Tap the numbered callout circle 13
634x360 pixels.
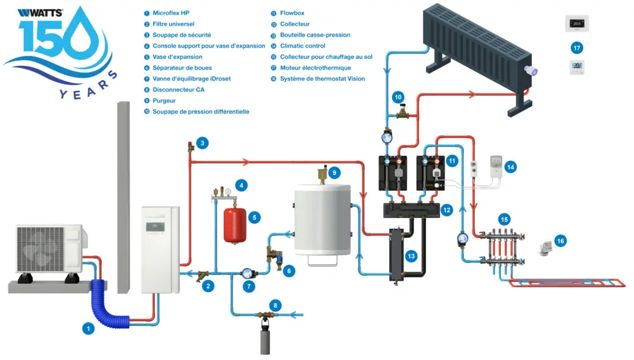(411, 256)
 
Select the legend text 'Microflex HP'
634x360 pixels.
(171, 13)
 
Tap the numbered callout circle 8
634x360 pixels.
(274, 305)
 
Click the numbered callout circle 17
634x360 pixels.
(576, 48)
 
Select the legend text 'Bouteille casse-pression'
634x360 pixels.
(315, 35)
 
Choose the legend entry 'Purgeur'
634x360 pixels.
(164, 101)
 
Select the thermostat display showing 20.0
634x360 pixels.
(577, 23)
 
